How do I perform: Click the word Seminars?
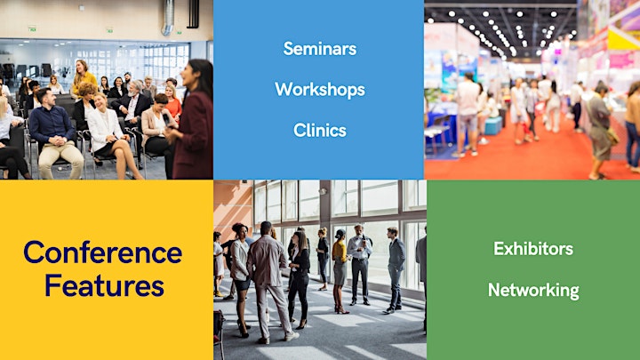pos(320,49)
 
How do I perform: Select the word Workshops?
pos(320,90)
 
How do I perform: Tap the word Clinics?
pos(320,131)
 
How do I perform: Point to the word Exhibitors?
pos(533,249)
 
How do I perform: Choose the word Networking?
pos(533,290)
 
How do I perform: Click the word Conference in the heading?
pos(103,252)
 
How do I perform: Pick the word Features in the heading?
pos(105,285)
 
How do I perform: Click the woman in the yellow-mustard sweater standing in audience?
pos(84,76)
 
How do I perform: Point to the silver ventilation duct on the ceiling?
pos(168,17)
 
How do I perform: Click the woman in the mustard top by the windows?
pos(340,269)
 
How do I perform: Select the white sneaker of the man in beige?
pos(292,336)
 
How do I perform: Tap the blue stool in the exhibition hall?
pos(493,125)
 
